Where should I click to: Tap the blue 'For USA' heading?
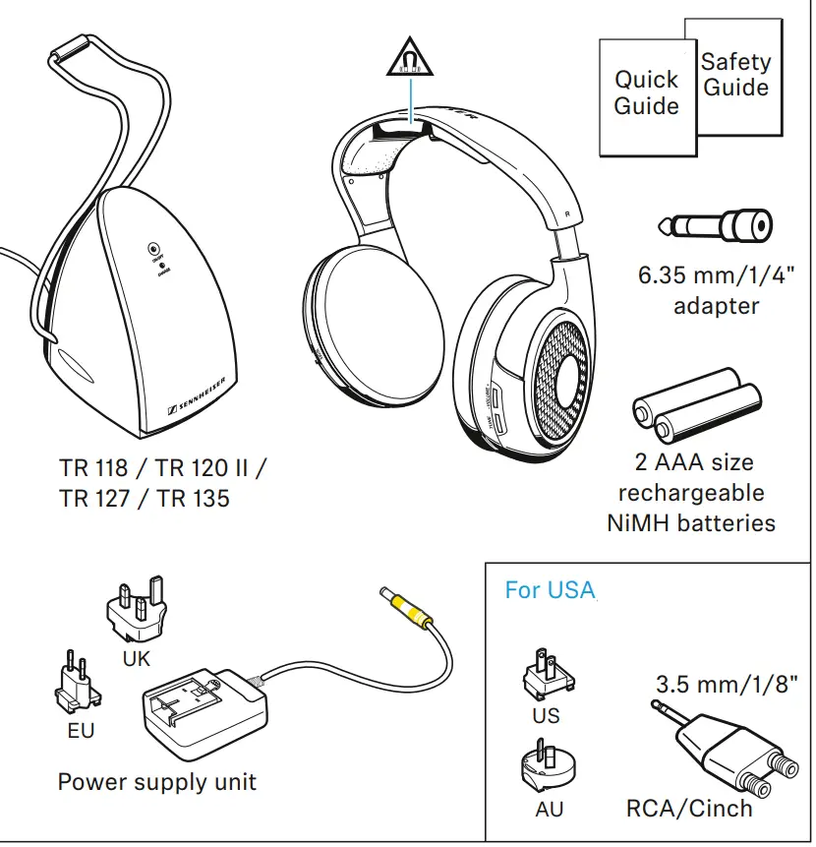(550, 590)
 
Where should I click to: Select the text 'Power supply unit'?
(157, 783)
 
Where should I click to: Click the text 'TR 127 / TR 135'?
(145, 499)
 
